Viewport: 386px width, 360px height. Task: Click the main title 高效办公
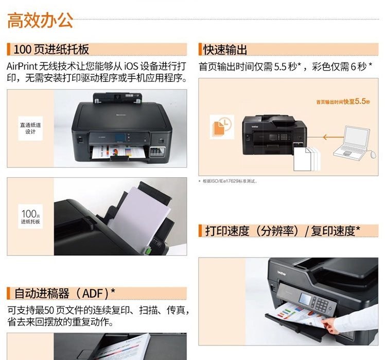40,20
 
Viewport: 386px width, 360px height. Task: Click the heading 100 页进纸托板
51,49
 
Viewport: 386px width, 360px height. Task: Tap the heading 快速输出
225,49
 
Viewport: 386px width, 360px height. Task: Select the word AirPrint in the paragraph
22,66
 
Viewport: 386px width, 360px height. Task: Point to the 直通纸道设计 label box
30,128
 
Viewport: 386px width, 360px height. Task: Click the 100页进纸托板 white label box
30,216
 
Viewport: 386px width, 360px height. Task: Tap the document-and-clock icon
222,127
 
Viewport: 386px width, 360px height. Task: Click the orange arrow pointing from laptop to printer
334,137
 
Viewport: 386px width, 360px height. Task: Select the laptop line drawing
352,142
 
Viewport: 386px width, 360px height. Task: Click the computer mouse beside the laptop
373,155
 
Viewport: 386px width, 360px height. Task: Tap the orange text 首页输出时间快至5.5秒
343,101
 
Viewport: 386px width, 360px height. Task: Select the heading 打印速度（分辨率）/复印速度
283,231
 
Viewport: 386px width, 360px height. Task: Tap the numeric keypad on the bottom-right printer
322,304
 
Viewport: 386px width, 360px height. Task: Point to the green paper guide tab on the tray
148,251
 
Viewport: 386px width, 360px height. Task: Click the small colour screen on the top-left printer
119,137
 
